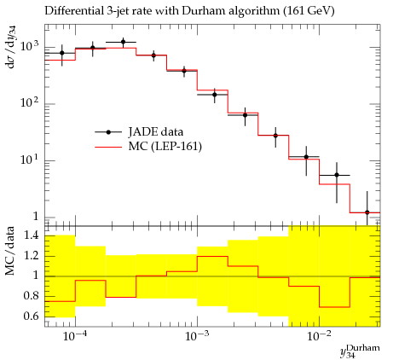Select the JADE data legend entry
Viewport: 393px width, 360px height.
point(139,132)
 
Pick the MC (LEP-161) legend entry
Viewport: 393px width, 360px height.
point(148,147)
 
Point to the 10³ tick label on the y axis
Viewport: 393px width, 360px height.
point(29,44)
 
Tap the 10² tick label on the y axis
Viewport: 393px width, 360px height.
point(29,102)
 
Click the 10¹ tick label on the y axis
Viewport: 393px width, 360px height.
point(29,158)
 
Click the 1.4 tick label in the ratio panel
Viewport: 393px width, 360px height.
point(32,235)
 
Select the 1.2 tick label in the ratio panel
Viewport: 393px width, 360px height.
point(32,255)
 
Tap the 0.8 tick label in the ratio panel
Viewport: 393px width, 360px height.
point(31,296)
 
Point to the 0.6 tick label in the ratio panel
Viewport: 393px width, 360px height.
point(31,316)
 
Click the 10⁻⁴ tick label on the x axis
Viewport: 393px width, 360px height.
point(75,336)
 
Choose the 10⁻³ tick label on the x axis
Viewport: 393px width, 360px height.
point(197,336)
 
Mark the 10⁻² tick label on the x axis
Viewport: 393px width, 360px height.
point(319,336)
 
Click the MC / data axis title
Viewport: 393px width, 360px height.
point(9,251)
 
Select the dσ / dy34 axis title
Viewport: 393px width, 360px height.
point(10,47)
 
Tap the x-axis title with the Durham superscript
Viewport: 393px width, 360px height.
point(360,351)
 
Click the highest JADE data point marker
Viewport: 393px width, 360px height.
point(123,42)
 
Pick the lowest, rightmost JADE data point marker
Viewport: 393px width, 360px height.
point(367,212)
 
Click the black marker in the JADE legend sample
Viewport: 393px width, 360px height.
point(108,132)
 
